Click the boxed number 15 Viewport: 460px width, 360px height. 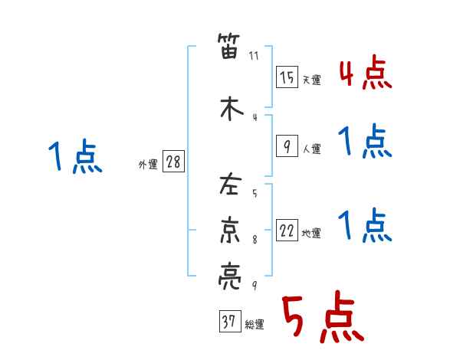[287, 77]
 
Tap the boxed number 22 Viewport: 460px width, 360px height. [287, 231]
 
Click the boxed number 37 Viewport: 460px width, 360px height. [229, 322]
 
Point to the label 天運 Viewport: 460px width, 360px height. [312, 80]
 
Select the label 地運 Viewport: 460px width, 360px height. [312, 234]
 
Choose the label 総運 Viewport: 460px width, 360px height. [255, 324]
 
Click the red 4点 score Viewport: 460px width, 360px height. [365, 73]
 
